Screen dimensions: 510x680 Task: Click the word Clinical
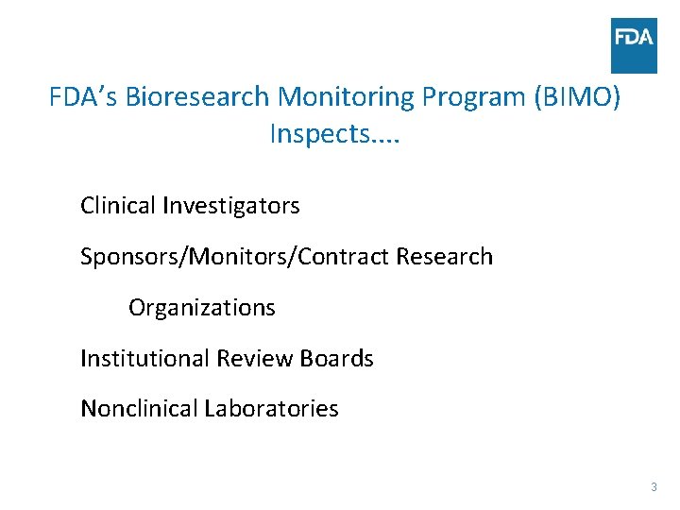tap(118, 205)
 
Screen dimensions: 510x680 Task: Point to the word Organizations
tap(202, 308)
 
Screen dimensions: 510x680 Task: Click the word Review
tap(255, 359)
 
